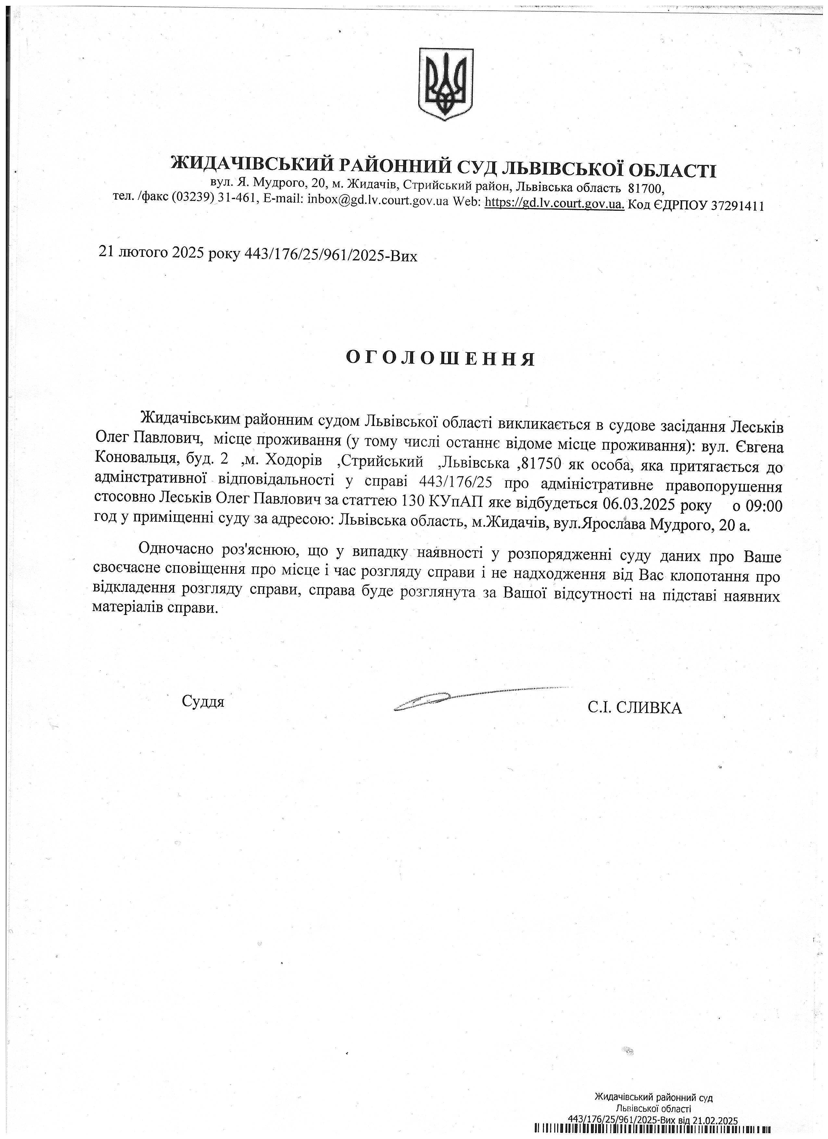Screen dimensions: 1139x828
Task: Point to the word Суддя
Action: pos(203,701)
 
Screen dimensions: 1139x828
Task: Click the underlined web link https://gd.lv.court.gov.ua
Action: pos(554,205)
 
